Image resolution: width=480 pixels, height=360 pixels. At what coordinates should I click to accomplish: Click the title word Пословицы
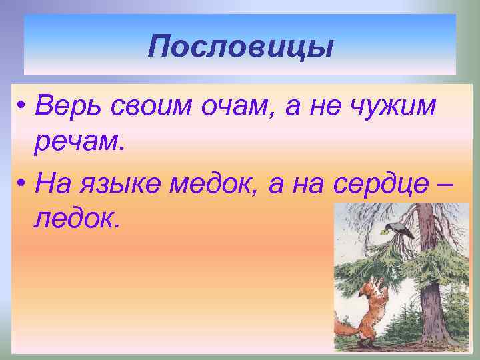(x=240, y=46)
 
